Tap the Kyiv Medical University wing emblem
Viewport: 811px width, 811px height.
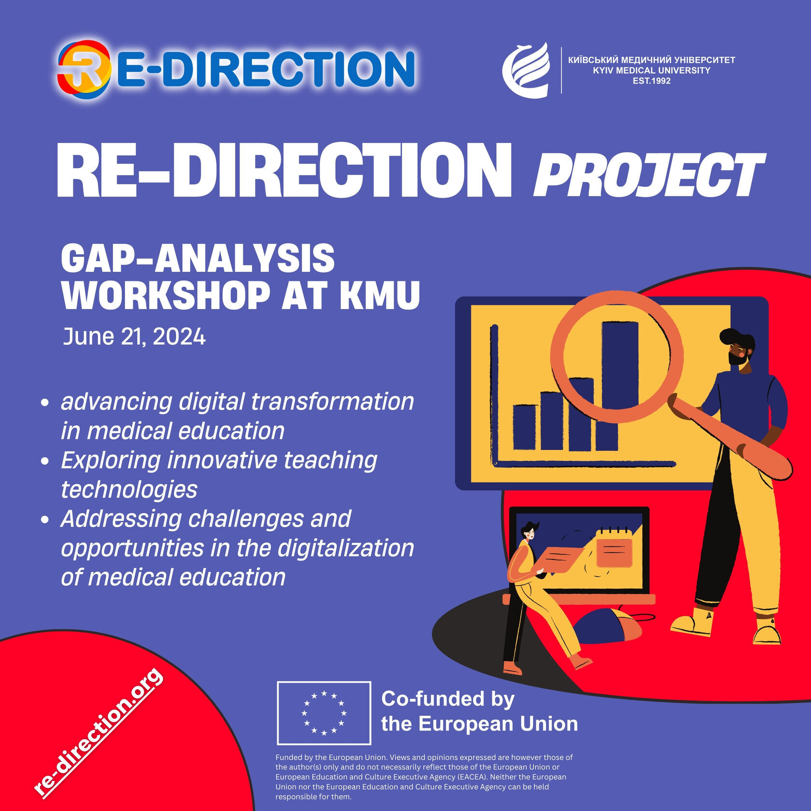point(526,70)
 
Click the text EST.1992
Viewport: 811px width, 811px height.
point(652,81)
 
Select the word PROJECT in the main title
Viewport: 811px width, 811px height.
point(649,175)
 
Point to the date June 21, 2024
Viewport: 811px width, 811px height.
point(134,336)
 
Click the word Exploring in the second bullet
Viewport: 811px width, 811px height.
point(111,461)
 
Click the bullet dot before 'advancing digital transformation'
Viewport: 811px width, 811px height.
point(45,402)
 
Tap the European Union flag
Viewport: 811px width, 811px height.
point(324,713)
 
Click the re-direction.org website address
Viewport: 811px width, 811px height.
point(98,731)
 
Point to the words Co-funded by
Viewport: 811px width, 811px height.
point(447,699)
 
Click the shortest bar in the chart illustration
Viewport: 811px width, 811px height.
point(524,427)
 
